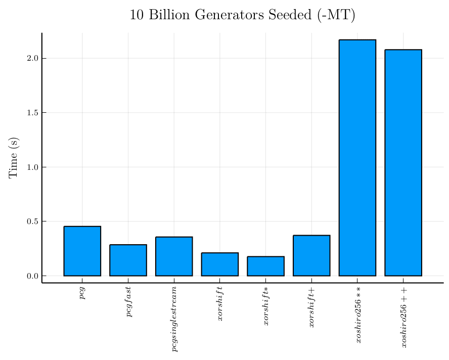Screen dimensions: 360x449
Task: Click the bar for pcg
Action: pos(82,251)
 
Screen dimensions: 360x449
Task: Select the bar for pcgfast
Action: pos(128,260)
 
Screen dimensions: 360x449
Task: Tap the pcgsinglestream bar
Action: pos(174,256)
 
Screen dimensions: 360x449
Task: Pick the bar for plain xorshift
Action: pos(219,264)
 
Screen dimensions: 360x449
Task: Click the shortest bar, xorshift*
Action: pos(265,266)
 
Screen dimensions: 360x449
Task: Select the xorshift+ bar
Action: pos(311,256)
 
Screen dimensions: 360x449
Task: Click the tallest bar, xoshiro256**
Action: pos(357,158)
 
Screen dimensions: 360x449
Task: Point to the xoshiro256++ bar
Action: pos(403,163)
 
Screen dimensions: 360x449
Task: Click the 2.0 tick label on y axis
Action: pos(33,58)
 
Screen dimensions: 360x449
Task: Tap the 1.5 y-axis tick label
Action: pos(33,113)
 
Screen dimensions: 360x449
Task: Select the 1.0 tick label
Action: pos(33,167)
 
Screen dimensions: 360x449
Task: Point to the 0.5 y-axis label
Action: pos(33,221)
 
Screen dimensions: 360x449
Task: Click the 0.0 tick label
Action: pos(33,276)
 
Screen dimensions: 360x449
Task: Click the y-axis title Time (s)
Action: pos(14,157)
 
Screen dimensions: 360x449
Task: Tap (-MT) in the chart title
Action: pos(337,15)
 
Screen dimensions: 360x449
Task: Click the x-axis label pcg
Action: pos(82,293)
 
